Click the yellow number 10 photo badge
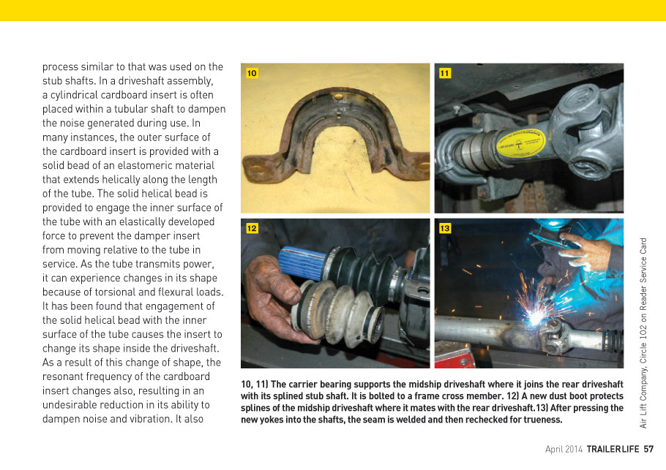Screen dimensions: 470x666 252,74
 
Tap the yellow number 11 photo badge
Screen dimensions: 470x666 445,74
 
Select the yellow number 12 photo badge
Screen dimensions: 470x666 252,229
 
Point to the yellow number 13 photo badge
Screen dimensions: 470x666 445,229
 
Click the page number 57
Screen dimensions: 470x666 648,449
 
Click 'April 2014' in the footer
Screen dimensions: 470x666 564,449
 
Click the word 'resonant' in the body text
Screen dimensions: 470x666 65,376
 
